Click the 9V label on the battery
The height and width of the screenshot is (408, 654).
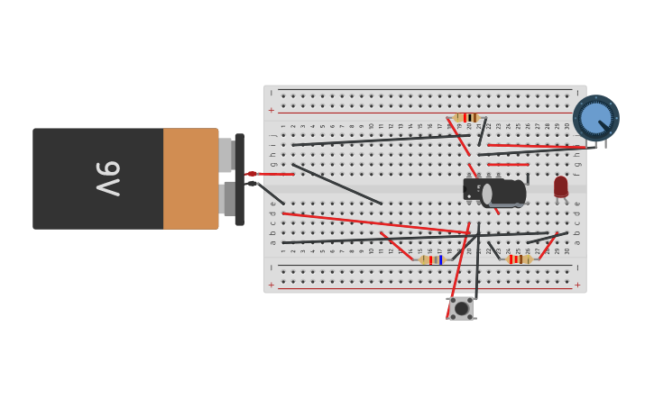[x=107, y=178]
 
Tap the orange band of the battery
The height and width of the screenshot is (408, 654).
[x=190, y=178]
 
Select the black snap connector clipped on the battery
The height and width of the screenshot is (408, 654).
[x=239, y=179]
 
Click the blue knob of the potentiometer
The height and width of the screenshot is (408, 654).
[x=595, y=118]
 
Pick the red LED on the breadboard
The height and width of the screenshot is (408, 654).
[x=561, y=186]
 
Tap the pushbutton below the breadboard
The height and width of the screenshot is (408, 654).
[x=461, y=308]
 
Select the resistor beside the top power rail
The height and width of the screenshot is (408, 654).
[x=466, y=118]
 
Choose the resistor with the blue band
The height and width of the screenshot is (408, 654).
[x=432, y=259]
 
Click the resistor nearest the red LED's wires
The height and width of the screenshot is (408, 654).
[x=519, y=259]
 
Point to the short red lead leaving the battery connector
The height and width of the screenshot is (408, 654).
[x=275, y=174]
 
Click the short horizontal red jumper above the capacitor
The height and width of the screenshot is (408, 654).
[x=508, y=165]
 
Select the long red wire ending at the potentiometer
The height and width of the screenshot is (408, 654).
[x=537, y=146]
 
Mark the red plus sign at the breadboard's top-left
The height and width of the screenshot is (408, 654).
[x=271, y=111]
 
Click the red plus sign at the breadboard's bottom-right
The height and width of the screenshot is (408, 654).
[x=577, y=285]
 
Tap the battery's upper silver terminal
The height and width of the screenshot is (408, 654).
[x=226, y=155]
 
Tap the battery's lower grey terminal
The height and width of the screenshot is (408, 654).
[x=227, y=199]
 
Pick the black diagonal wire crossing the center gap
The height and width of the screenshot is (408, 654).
[x=336, y=184]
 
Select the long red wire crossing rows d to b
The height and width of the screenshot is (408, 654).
[x=374, y=223]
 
